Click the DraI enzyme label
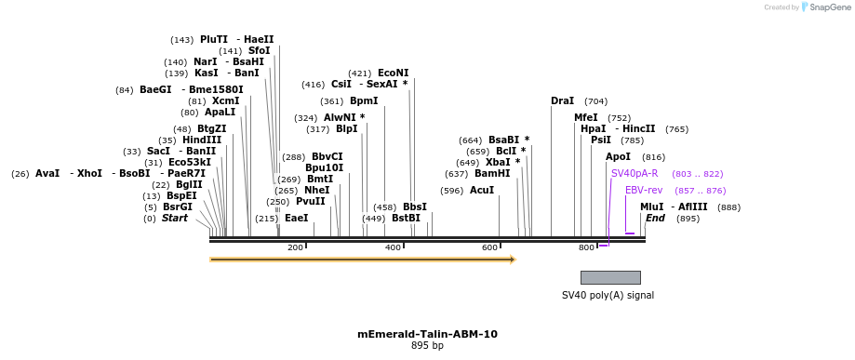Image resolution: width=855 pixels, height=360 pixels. point(562,100)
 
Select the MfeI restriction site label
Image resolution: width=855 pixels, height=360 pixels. point(586,117)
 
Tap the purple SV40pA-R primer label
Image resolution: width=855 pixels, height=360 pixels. point(635,173)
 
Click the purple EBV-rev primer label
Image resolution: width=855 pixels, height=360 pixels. point(644,190)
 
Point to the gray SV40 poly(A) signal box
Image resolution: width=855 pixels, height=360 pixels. point(610,277)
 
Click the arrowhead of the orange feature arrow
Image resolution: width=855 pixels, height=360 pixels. point(511,260)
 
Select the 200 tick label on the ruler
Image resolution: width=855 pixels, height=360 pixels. point(296,247)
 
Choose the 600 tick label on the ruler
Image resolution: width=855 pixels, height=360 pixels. point(489,247)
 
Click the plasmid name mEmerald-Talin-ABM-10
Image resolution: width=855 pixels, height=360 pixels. point(427,333)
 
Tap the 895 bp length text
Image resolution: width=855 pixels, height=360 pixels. point(427,346)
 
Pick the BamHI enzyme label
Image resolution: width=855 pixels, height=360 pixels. point(492,173)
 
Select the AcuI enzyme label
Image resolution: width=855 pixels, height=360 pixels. point(482,190)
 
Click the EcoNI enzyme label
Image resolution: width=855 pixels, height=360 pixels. point(393,73)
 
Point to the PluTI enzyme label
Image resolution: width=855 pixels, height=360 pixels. point(214,39)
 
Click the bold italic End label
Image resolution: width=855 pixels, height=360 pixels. point(656,218)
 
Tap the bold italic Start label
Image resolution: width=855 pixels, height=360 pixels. point(175,218)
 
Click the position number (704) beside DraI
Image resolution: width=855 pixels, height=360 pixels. point(595,100)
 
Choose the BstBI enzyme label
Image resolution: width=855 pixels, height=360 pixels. point(406,218)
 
